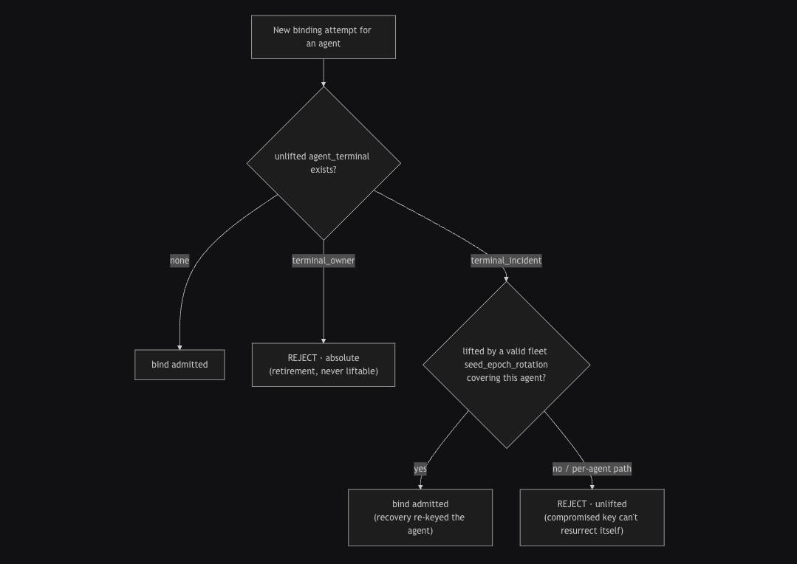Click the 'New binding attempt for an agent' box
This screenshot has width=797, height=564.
tap(324, 37)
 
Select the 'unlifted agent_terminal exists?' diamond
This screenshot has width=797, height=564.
tap(324, 163)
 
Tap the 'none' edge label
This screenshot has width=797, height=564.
tap(179, 261)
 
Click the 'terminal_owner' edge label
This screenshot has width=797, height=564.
tap(324, 261)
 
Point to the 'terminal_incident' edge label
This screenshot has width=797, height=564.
tap(506, 261)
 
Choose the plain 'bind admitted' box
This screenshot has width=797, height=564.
tap(179, 365)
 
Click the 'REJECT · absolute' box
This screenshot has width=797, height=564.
tap(324, 365)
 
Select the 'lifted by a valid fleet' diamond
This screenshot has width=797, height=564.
tap(506, 365)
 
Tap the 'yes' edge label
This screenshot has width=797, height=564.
tap(420, 469)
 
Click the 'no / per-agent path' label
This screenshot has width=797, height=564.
tap(592, 469)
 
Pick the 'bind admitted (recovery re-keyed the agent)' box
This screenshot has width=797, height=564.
tap(420, 517)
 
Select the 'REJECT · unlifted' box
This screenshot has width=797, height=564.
tap(592, 517)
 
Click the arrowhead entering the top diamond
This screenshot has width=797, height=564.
tap(324, 84)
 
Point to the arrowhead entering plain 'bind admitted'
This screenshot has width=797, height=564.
tap(179, 348)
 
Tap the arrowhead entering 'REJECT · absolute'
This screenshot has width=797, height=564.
tap(324, 340)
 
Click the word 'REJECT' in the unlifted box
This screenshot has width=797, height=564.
tap(572, 504)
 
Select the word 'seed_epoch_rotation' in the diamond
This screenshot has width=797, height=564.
tap(506, 365)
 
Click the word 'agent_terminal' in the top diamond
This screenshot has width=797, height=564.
tap(339, 157)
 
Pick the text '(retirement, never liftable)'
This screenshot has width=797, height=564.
tap(324, 371)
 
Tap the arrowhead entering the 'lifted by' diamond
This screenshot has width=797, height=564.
tap(506, 279)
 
